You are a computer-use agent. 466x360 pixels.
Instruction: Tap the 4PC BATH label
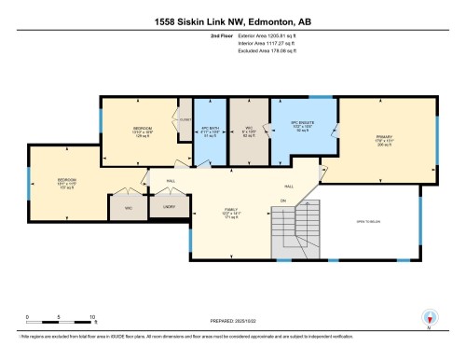(x=209, y=130)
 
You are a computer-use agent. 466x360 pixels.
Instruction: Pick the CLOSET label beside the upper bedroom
(x=185, y=119)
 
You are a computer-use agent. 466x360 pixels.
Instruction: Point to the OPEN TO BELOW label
(x=368, y=220)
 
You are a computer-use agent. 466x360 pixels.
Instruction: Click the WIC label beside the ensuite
(x=247, y=130)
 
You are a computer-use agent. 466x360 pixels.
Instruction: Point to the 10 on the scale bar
(x=93, y=318)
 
